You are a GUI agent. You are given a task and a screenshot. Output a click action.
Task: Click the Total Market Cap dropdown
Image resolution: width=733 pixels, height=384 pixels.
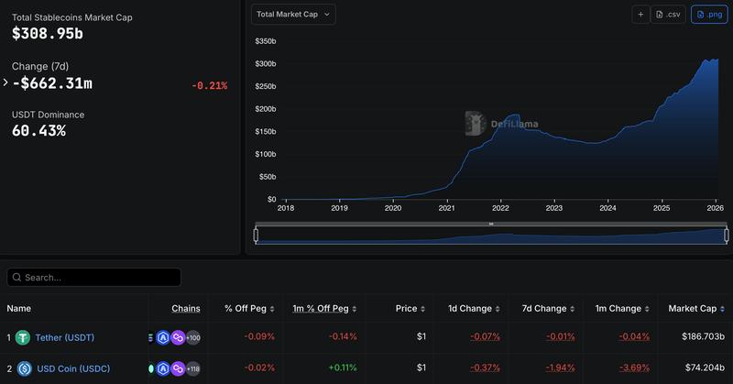[293, 14]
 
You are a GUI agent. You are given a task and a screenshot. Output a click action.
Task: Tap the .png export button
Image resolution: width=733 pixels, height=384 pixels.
[710, 15]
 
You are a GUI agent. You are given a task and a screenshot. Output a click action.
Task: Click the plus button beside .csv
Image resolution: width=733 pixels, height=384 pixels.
[640, 15]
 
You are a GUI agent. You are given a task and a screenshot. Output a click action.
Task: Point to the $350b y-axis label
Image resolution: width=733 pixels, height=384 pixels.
[266, 41]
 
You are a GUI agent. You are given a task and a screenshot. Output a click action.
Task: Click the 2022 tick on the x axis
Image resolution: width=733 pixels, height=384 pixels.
[500, 208]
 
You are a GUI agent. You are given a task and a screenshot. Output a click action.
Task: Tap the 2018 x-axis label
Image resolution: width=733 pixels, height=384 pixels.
[286, 208]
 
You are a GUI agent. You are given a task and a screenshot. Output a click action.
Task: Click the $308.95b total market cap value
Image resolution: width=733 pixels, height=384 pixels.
[47, 33]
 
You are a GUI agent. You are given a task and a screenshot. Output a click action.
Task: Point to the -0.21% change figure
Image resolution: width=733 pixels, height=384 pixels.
[210, 85]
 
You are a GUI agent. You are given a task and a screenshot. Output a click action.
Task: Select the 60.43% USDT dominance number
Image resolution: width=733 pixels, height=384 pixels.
[38, 130]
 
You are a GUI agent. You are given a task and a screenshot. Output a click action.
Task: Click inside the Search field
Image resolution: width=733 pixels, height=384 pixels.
[94, 277]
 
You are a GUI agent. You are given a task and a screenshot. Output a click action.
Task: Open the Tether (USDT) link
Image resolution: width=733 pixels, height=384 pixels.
[64, 337]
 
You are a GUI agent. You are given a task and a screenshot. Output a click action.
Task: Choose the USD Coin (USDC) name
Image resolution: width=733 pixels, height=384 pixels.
[72, 368]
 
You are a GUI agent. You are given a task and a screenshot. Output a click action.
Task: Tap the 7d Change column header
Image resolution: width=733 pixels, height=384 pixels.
[544, 309]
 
